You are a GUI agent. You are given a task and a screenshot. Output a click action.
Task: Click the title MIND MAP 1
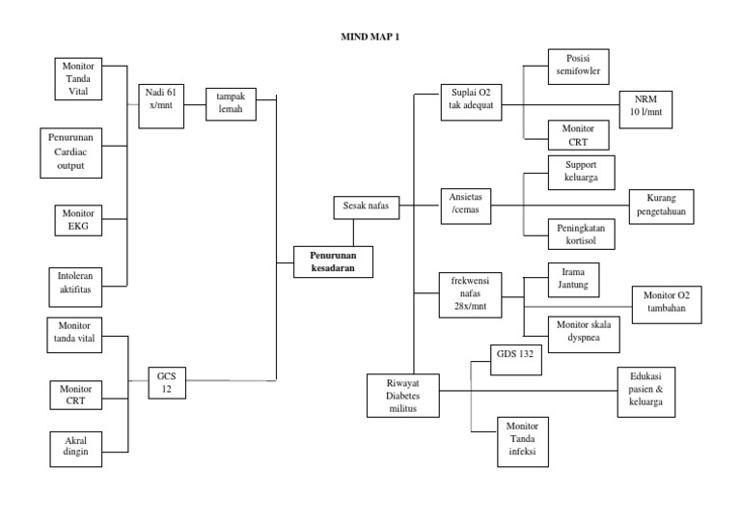(371, 36)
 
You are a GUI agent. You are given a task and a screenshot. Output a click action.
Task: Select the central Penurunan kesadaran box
(332, 262)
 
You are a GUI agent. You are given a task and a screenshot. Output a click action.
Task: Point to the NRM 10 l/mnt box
(645, 107)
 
